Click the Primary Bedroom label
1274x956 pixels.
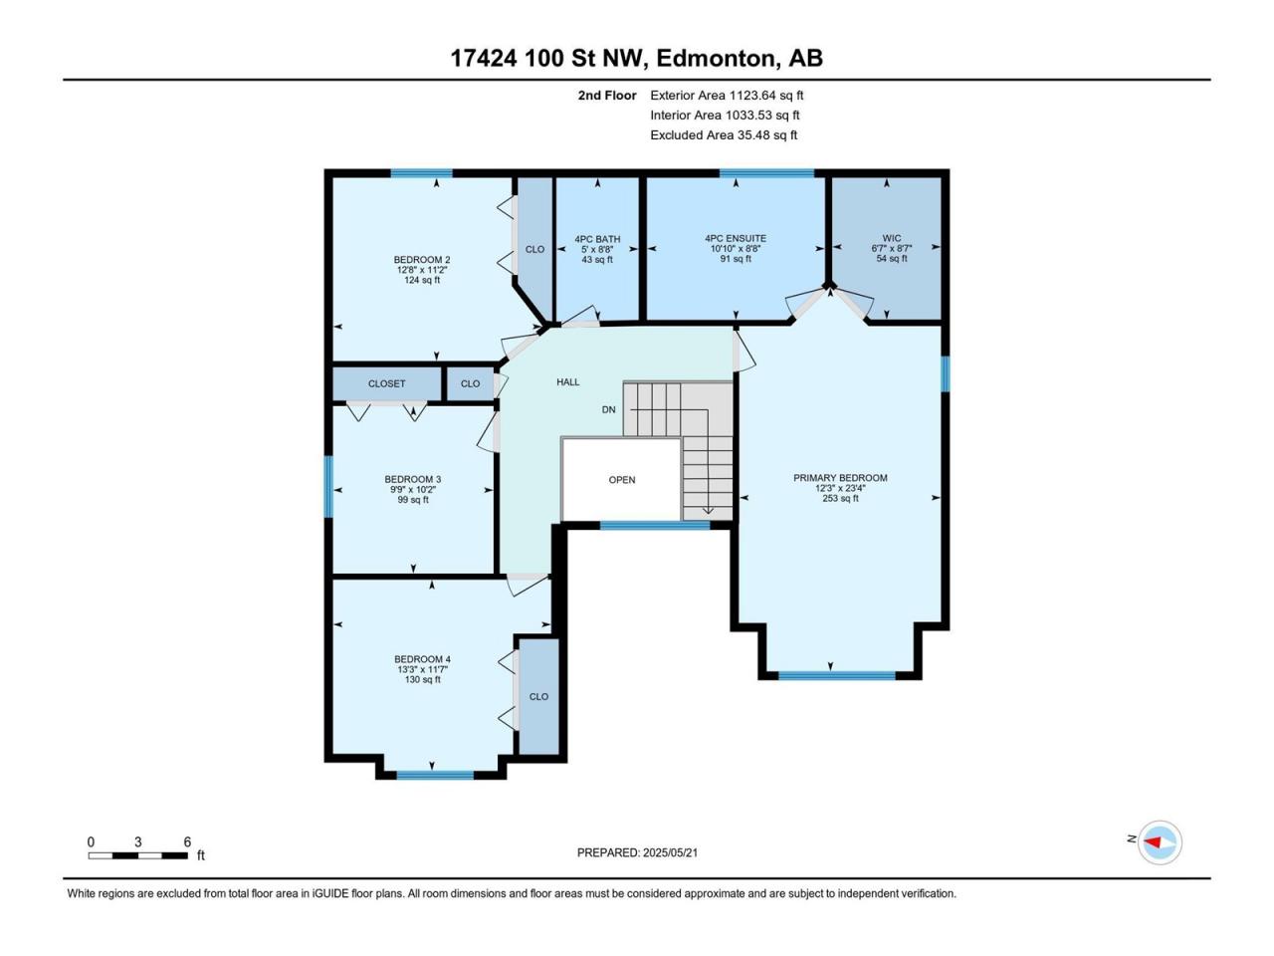coord(840,478)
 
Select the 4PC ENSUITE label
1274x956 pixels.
coord(736,239)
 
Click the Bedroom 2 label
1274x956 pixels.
coord(422,260)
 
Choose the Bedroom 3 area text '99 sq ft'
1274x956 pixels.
coord(413,500)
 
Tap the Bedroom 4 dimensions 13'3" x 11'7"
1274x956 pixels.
coord(423,669)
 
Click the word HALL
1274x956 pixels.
coord(567,382)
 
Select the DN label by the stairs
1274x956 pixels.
coord(608,410)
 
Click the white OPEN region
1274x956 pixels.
coord(622,480)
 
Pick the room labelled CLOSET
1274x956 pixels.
coord(386,383)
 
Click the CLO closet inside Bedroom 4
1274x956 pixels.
coord(538,696)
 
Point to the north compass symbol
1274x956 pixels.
coord(1160,842)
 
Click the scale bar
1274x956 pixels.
coord(138,855)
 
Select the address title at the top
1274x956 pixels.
coord(637,59)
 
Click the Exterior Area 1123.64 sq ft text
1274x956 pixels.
coord(727,96)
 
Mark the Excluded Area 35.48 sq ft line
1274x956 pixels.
coord(724,135)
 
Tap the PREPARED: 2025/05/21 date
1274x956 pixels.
coord(637,852)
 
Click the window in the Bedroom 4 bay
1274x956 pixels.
coord(435,775)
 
